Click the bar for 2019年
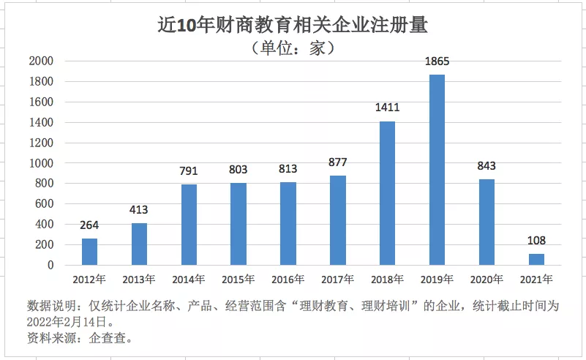tap(437, 170)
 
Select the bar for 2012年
tap(89, 251)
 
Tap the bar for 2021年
tap(536, 259)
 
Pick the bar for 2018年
tap(387, 192)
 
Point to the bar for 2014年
tap(189, 224)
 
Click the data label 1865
tap(437, 62)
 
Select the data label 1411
tap(387, 108)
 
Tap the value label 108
tap(536, 241)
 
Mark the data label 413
tap(139, 210)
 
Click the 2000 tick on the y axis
tap(41, 61)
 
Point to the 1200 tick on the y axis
tap(41, 143)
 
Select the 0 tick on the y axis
tap(50, 265)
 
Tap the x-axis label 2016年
tap(288, 279)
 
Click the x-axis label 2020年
tap(487, 279)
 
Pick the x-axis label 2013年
tap(139, 279)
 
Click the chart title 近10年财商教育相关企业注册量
tap(293, 25)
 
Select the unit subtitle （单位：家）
tap(293, 48)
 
